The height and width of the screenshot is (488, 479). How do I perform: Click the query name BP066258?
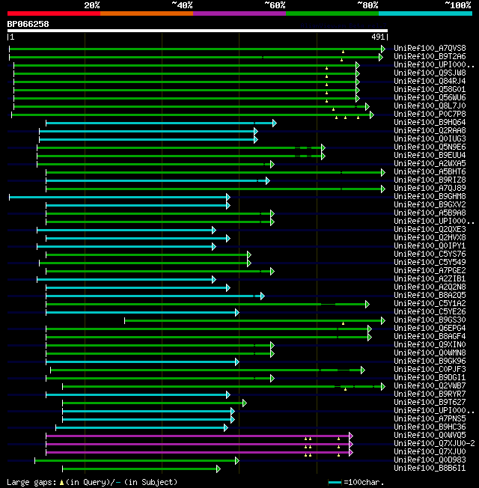28,24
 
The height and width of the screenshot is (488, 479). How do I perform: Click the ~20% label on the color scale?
92,5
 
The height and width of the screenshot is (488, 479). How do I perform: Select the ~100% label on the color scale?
457,5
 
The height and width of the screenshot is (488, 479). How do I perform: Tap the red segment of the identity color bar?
53,13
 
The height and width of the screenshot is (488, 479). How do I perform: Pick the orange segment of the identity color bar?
146,13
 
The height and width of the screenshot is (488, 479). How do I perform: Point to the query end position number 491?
378,37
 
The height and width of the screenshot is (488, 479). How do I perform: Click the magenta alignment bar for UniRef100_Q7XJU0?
195,452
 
